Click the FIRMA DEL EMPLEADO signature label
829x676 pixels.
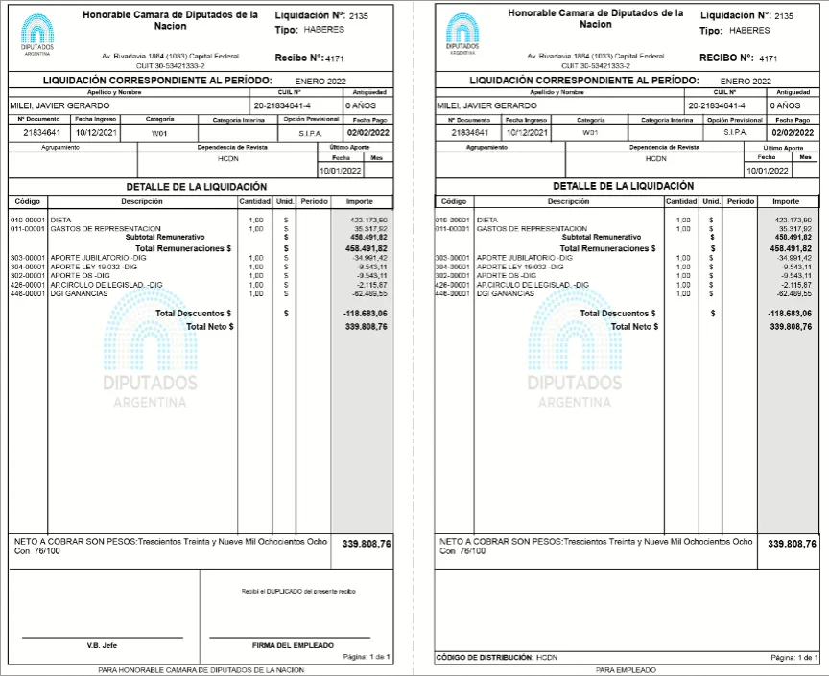[293, 645]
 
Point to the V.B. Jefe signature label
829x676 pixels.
[101, 645]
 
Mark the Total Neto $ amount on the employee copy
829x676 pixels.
[792, 327]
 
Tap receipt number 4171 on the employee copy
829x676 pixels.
[770, 58]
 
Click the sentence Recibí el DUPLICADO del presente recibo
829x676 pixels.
[298, 592]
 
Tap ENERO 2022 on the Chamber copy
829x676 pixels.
[320, 81]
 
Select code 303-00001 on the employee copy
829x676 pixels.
[453, 258]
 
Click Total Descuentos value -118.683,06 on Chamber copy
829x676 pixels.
[366, 314]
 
